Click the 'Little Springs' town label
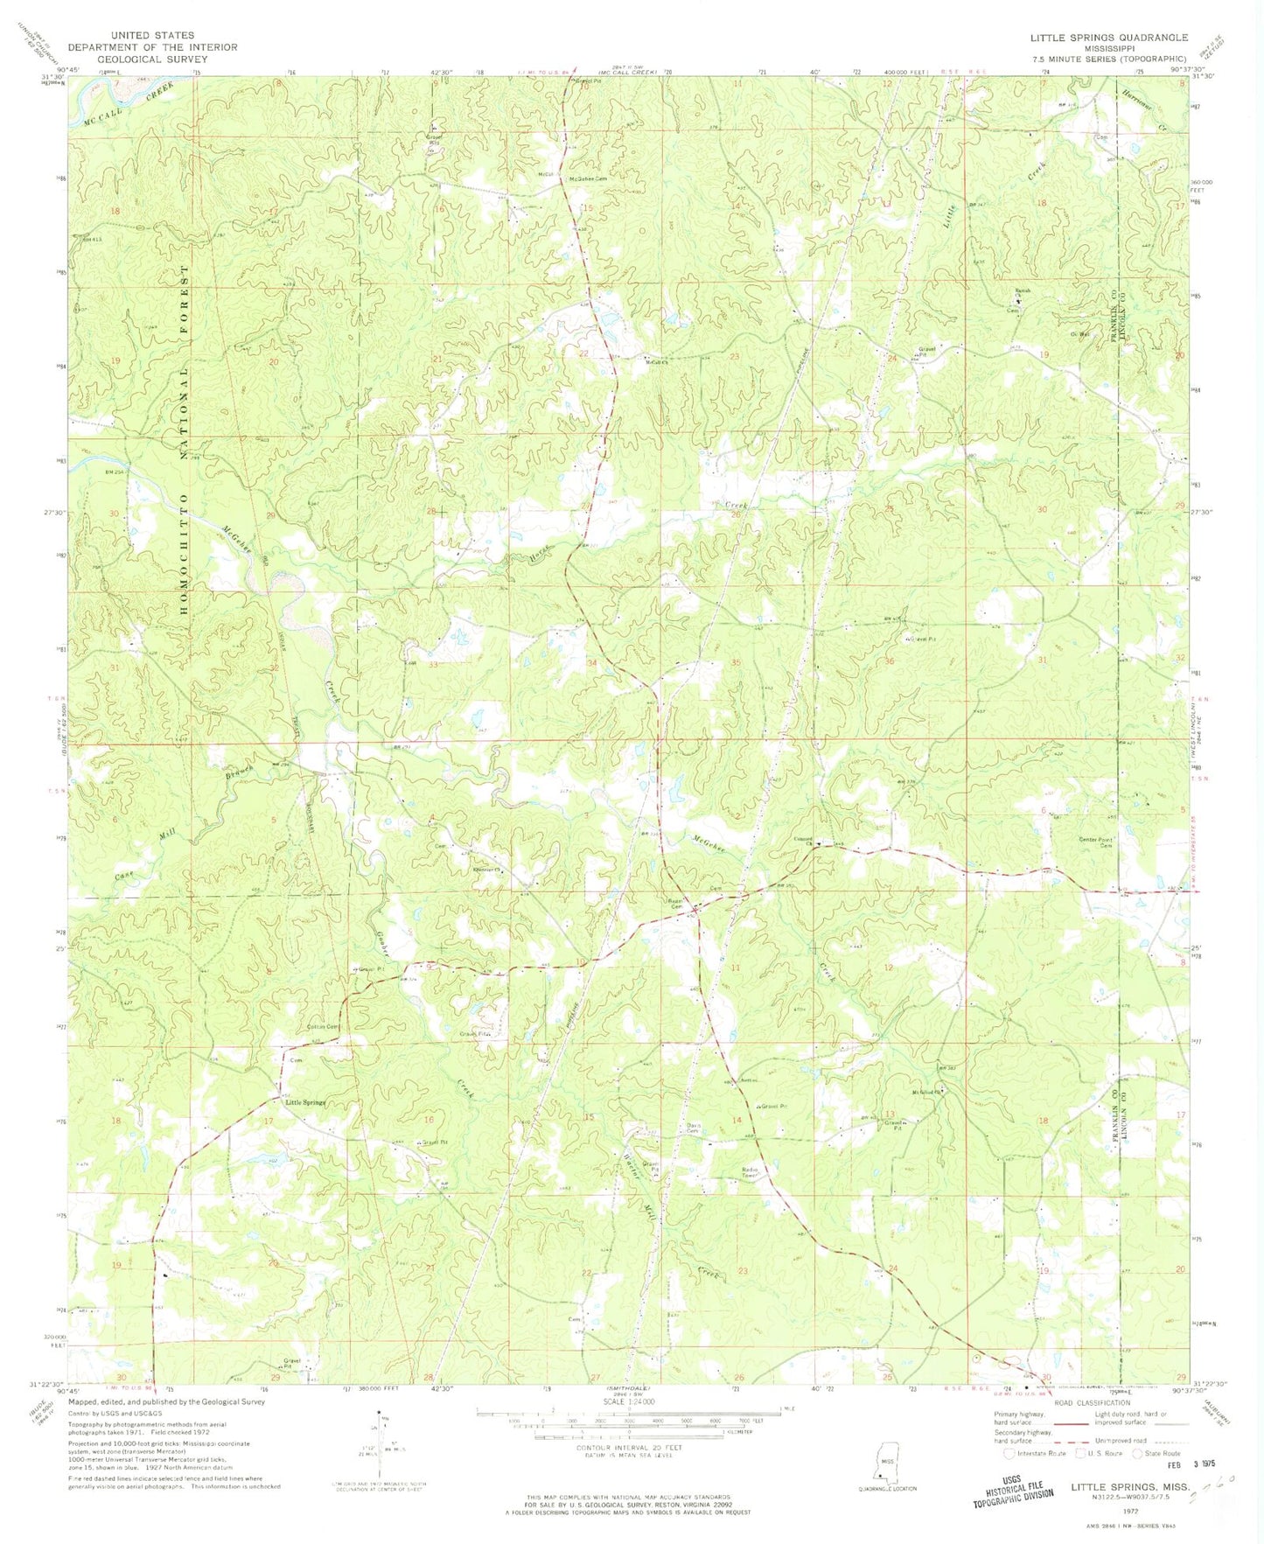coord(306,1102)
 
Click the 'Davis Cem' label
coord(693,1128)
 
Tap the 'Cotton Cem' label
coord(322,1027)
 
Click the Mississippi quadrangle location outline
coord(888,1466)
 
